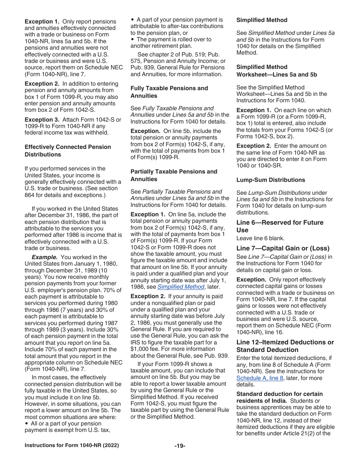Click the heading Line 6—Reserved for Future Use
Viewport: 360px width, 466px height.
[x=280, y=226]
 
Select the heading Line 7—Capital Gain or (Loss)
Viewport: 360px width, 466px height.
[x=283, y=248]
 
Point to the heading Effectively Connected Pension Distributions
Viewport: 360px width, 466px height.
[x=67, y=150]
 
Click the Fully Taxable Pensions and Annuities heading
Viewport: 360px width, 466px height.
[x=169, y=92]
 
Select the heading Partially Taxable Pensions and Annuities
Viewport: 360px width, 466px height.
[x=174, y=175]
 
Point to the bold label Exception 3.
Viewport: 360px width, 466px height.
[x=41, y=119]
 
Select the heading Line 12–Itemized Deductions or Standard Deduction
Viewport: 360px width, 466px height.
[x=285, y=346]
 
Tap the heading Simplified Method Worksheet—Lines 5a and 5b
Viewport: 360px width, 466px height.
[x=277, y=71]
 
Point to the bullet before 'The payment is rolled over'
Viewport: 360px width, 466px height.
[x=132, y=39]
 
